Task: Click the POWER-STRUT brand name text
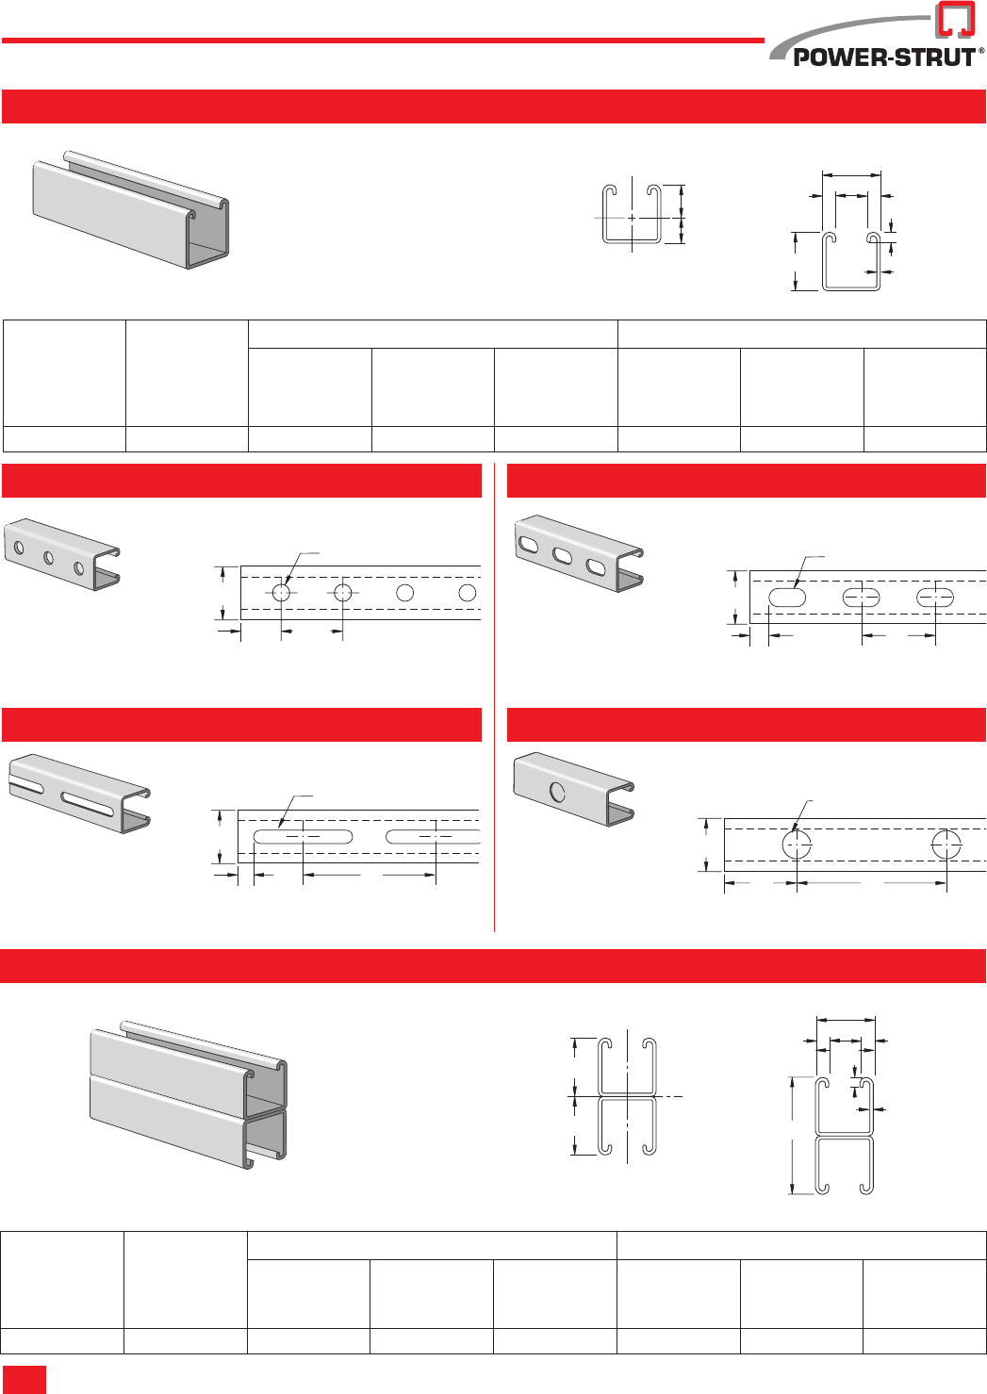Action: (884, 57)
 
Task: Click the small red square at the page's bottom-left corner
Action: (25, 1380)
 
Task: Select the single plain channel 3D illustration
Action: (131, 209)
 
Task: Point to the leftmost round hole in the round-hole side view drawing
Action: (281, 593)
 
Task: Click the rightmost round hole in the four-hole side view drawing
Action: (468, 593)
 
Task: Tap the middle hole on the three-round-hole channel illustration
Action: (48, 558)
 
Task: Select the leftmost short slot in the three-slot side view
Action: (787, 598)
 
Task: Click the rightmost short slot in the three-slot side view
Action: (935, 598)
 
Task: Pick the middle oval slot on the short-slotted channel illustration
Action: (562, 556)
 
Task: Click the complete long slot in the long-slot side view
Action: (303, 836)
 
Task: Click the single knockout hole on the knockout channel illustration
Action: (557, 793)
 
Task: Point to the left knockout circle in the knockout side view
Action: (797, 845)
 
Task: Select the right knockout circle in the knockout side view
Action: (946, 845)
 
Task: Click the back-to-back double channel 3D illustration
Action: (189, 1094)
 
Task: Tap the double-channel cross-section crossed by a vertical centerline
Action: (627, 1096)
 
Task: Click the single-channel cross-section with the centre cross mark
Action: (632, 213)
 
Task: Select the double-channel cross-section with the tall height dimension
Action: (845, 1136)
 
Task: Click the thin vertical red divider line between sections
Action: (494, 697)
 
